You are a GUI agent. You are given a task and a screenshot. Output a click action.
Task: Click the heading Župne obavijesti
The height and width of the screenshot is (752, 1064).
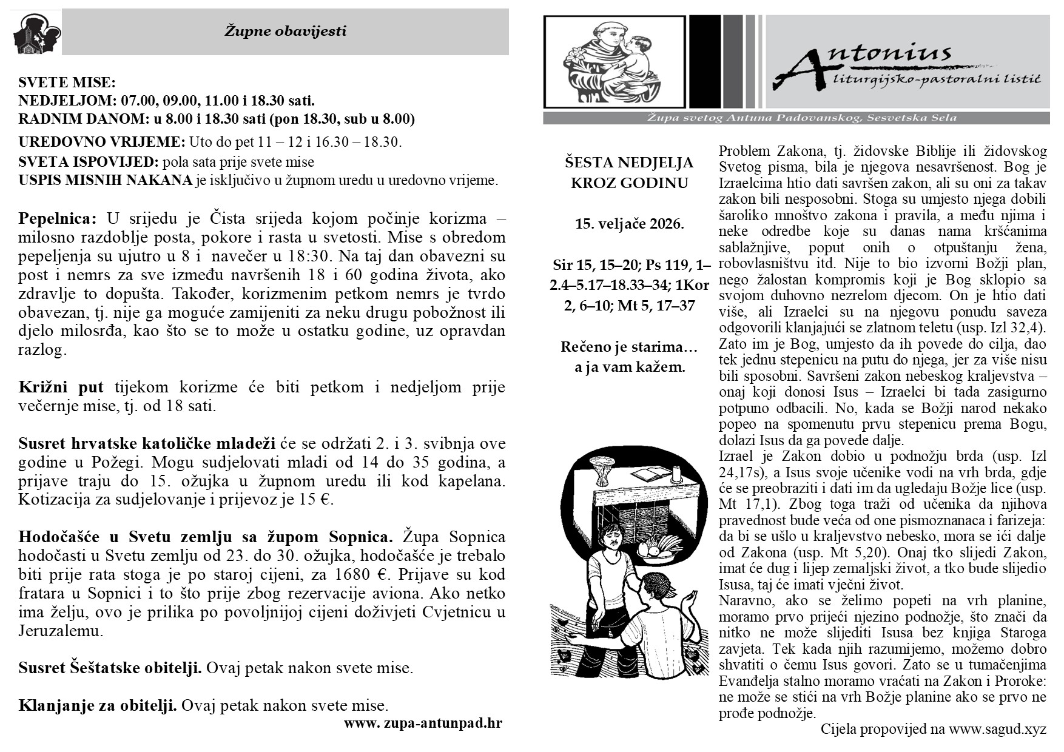(285, 31)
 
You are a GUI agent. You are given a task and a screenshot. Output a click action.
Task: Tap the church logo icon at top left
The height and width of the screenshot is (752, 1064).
(35, 34)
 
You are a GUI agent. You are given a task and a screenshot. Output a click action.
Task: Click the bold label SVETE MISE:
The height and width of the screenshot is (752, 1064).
(67, 83)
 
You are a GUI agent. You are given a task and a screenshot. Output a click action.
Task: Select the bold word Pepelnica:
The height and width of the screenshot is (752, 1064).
(58, 218)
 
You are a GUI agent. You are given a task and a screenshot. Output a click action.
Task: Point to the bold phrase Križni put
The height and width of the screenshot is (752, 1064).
(61, 387)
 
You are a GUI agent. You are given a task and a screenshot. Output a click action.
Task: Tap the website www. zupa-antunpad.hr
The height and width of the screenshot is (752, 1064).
(423, 723)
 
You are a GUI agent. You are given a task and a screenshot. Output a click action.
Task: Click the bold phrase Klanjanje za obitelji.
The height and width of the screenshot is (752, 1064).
(98, 705)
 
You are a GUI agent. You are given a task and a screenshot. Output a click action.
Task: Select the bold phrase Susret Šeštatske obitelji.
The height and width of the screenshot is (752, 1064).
(110, 668)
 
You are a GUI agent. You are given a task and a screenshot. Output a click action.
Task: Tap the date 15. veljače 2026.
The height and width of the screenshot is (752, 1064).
(629, 224)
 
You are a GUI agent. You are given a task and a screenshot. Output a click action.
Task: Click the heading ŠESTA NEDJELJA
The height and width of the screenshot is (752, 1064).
(629, 163)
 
